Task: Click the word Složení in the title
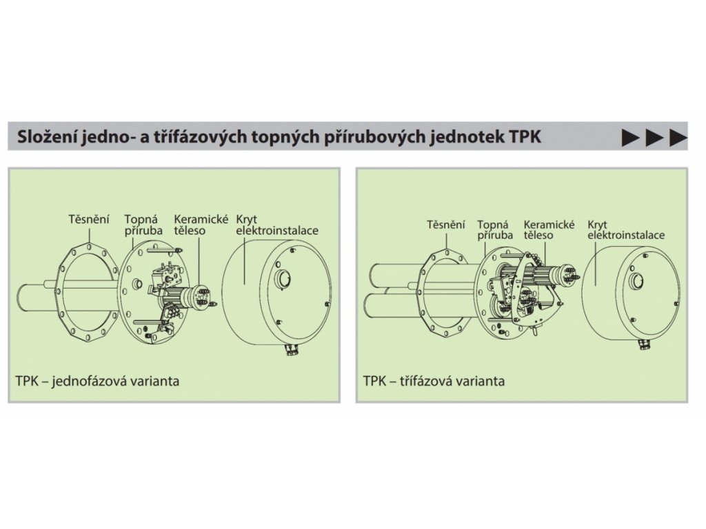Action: [x=47, y=136]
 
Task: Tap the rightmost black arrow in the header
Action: [x=678, y=137]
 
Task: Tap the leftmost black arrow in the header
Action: [x=630, y=137]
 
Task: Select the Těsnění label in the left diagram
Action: [x=89, y=219]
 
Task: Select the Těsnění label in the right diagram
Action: [x=446, y=225]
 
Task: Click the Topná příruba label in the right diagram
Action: [x=494, y=229]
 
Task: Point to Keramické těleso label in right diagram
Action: [x=549, y=229]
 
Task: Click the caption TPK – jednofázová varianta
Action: [x=97, y=381]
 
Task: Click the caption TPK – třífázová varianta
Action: [x=434, y=381]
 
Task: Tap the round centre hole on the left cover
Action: [x=283, y=278]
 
